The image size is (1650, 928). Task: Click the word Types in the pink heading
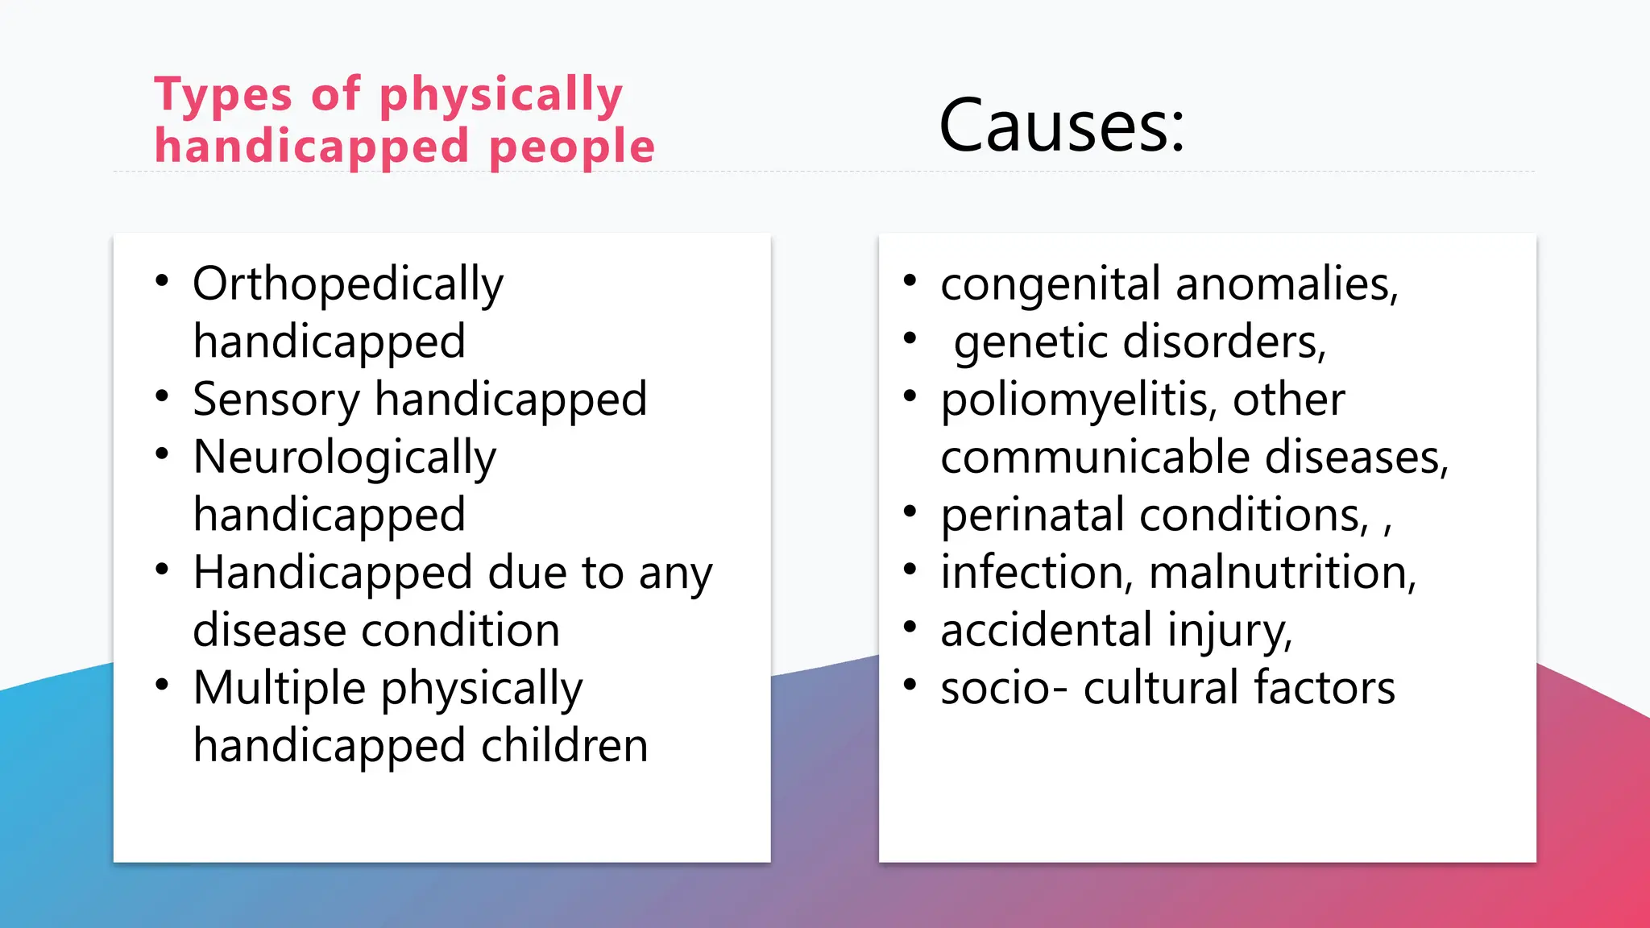[222, 95]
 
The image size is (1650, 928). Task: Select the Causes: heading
[1062, 126]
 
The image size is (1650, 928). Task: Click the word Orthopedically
[348, 284]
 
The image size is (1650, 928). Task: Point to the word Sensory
[276, 400]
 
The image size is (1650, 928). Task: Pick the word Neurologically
[345, 458]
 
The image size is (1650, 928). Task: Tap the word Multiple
[280, 689]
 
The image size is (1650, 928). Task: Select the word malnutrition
[1281, 573]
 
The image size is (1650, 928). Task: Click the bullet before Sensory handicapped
[162, 396]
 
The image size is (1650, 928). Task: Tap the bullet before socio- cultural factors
[910, 685]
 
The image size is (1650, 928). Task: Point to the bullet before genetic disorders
[910, 338]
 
